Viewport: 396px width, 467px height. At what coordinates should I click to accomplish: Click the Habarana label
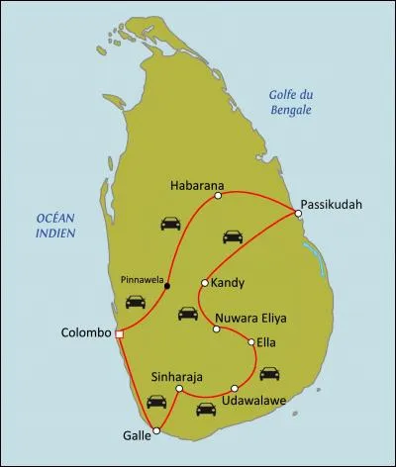(x=198, y=184)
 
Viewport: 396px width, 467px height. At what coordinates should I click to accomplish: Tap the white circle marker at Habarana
(x=217, y=196)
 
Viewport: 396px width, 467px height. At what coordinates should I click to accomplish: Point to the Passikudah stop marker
(x=298, y=212)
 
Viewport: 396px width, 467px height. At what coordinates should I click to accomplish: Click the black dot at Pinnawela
(x=167, y=286)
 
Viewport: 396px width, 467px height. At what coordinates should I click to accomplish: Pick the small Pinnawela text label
(x=140, y=278)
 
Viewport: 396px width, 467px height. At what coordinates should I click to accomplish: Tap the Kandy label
(x=229, y=282)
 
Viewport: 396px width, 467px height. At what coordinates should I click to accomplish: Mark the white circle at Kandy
(x=204, y=282)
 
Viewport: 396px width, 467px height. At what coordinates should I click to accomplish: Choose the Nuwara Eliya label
(x=250, y=320)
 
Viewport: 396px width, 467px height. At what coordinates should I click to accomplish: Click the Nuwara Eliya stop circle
(x=217, y=328)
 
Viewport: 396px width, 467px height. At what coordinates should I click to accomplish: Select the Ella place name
(x=270, y=342)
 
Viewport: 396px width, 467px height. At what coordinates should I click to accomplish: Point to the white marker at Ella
(x=252, y=342)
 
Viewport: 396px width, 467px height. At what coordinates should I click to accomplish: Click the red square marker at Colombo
(x=119, y=333)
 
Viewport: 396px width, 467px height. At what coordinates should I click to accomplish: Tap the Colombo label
(x=85, y=333)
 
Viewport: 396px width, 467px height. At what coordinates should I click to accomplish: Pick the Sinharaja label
(x=178, y=376)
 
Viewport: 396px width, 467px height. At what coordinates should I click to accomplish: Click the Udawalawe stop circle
(x=235, y=388)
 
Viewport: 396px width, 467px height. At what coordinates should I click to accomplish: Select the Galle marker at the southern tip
(x=156, y=429)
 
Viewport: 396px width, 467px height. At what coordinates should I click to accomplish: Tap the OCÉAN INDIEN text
(x=56, y=225)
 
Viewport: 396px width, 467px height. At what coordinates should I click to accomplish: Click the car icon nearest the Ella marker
(x=268, y=373)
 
